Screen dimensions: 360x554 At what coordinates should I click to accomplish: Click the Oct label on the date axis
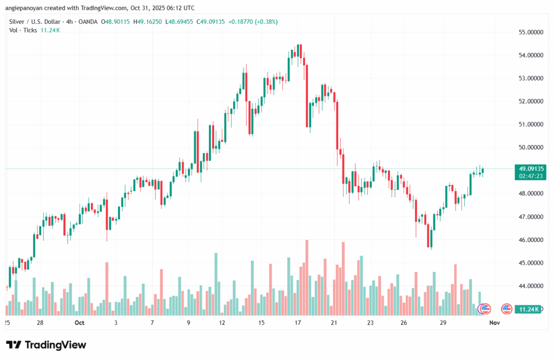[80, 323]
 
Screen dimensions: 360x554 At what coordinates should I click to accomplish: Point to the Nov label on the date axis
[493, 323]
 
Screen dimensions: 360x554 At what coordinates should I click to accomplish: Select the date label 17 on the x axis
[298, 323]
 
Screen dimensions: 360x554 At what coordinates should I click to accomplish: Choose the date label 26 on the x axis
[404, 323]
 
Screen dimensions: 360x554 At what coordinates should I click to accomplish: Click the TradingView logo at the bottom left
[46, 345]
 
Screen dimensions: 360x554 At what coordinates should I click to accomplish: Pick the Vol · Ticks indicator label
[23, 30]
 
